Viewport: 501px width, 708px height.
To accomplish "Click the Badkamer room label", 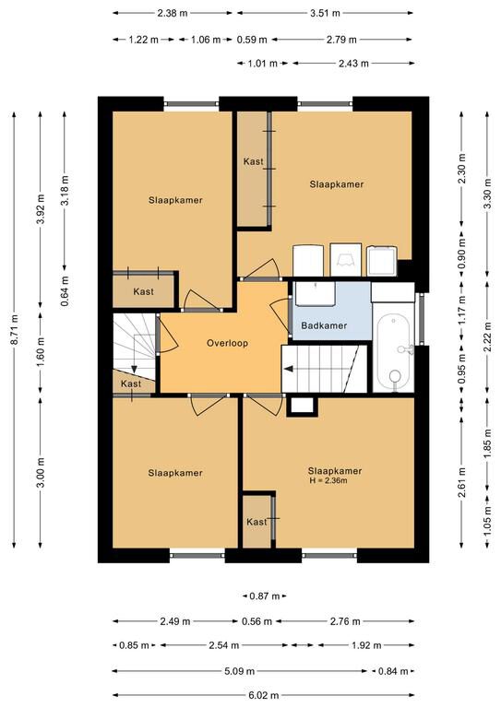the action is point(324,325).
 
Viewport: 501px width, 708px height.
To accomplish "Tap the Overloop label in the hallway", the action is point(227,343).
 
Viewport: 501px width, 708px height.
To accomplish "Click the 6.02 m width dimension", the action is point(261,696).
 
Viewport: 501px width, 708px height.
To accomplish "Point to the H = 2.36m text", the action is point(328,481).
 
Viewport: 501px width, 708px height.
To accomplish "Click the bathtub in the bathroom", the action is point(394,351).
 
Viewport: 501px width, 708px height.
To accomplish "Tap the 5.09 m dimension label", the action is point(240,671).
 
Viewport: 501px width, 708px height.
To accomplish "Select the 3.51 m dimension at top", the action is point(325,13).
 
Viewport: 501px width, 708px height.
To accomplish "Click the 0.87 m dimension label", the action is point(265,596).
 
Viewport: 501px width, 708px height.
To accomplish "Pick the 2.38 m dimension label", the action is point(173,13).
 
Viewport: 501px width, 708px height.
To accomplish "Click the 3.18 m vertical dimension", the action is point(66,190).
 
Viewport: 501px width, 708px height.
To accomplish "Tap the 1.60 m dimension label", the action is point(42,353).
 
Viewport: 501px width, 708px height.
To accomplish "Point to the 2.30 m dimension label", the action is point(461,169).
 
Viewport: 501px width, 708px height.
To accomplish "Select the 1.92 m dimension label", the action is point(366,645).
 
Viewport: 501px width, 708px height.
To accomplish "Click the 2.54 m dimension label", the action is point(223,645).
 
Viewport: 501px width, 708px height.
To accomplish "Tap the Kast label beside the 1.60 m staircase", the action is point(131,383).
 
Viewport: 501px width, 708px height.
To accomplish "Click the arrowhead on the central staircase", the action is point(288,369).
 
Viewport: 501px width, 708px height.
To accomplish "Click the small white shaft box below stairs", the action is point(302,406).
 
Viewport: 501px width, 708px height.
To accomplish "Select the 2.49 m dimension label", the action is point(174,621).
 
